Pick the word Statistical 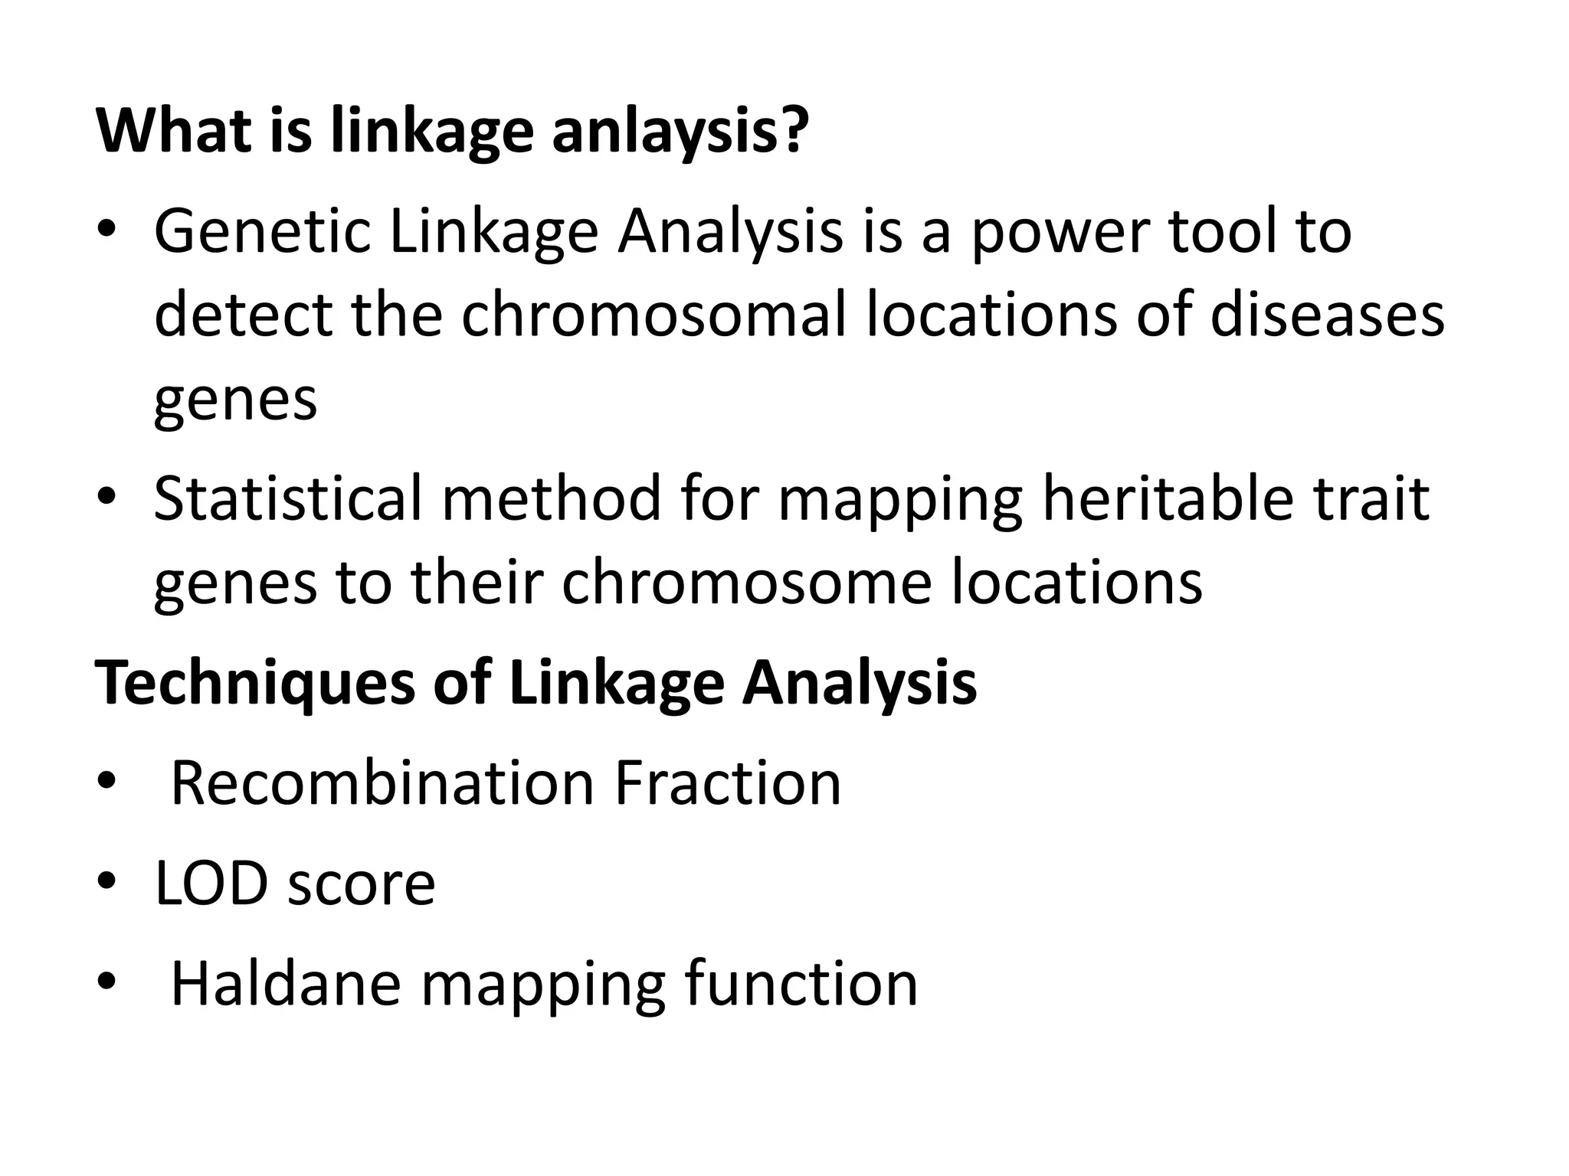coord(288,498)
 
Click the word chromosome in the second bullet coord(746,583)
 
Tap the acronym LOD coord(211,884)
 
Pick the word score coord(361,884)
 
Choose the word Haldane coord(286,983)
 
